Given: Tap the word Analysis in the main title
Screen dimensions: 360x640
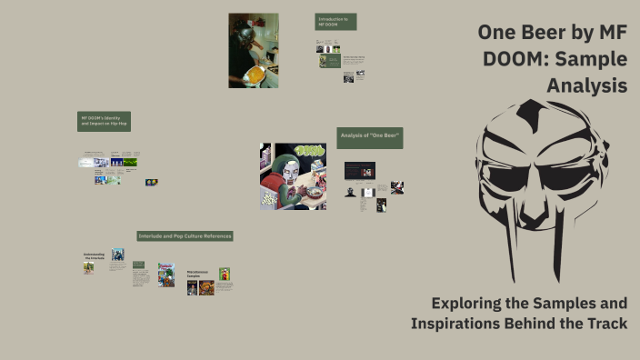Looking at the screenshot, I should pyautogui.click(x=586, y=86).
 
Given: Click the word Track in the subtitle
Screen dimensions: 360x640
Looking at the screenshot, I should pyautogui.click(x=604, y=324).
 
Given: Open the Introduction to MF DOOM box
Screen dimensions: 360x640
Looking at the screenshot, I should pyautogui.click(x=335, y=22).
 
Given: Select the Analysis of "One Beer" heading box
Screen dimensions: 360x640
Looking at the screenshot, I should pyautogui.click(x=369, y=137).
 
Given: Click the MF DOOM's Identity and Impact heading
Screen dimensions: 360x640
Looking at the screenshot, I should pyautogui.click(x=104, y=121).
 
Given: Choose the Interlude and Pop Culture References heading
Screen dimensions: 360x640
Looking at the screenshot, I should pyautogui.click(x=185, y=236).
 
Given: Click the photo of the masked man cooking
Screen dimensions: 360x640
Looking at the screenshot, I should pyautogui.click(x=253, y=50).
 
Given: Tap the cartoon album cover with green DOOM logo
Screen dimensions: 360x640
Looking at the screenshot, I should pyautogui.click(x=292, y=175).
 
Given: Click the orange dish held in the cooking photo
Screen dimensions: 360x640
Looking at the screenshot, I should pyautogui.click(x=256, y=73).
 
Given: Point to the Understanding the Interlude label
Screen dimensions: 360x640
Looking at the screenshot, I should pyautogui.click(x=94, y=256).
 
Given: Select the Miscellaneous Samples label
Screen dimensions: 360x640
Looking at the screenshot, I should pyautogui.click(x=200, y=273).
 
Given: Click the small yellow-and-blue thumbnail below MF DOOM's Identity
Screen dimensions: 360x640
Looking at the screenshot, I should pyautogui.click(x=151, y=182).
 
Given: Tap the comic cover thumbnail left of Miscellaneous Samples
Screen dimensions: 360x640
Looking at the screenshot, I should pyautogui.click(x=165, y=275).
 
